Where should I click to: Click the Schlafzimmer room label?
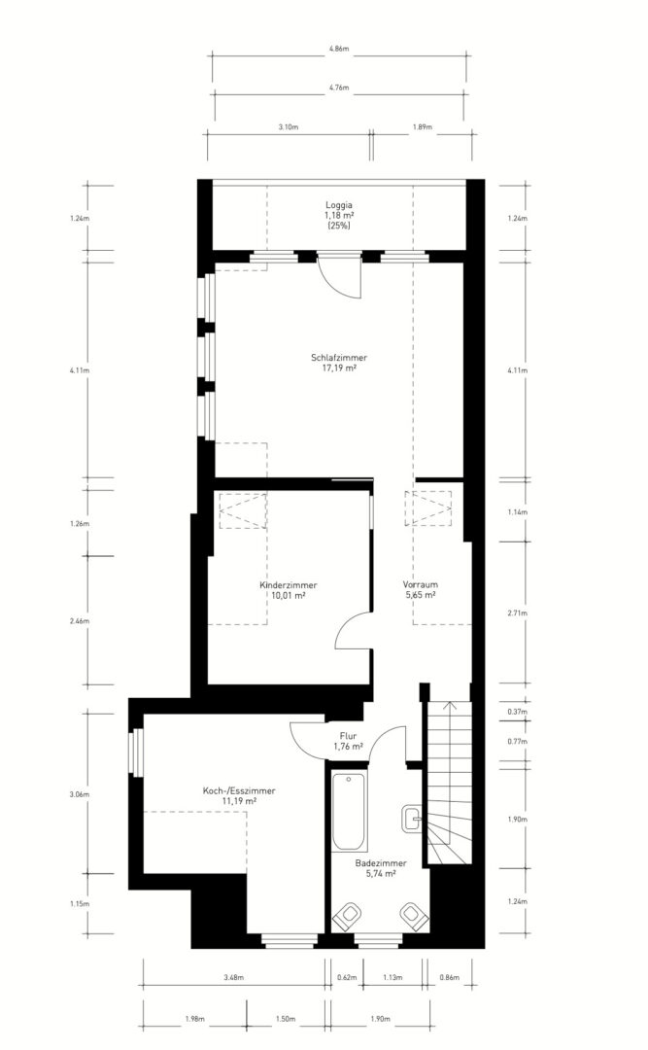click(339, 358)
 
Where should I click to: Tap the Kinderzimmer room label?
click(289, 585)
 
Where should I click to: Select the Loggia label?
click(339, 205)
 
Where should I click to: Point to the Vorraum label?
click(421, 584)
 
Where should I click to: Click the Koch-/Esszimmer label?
click(239, 790)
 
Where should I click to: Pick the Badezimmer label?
click(381, 864)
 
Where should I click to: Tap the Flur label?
click(348, 737)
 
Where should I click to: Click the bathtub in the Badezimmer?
click(349, 812)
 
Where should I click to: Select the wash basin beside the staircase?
click(411, 819)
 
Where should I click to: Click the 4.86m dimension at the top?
click(339, 49)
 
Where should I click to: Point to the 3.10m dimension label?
click(288, 127)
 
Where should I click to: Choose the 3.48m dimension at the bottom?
click(233, 978)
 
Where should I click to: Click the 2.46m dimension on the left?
click(79, 621)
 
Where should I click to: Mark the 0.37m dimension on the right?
click(518, 712)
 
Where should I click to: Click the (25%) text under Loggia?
click(339, 226)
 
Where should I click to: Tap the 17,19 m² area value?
click(339, 367)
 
